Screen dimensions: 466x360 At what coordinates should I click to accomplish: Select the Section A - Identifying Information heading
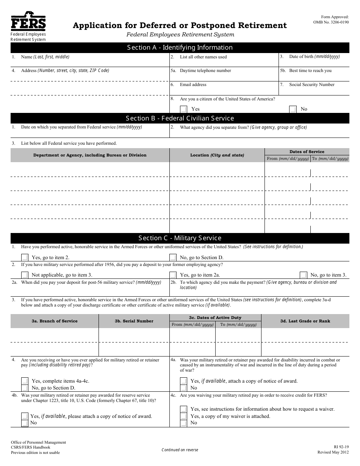pyautogui.click(x=180, y=47)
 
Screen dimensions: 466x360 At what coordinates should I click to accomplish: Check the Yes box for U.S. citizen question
pyautogui.click(x=183, y=109)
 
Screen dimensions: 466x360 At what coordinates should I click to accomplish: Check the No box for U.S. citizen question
pyautogui.click(x=293, y=109)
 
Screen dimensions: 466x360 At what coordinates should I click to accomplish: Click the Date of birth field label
pyautogui.click(x=314, y=56)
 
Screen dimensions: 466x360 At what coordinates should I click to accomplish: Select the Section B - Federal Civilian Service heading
pyautogui.click(x=180, y=118)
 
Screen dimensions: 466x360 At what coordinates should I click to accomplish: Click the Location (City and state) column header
pyautogui.click(x=217, y=155)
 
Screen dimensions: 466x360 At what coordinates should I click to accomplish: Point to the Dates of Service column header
pyautogui.click(x=307, y=152)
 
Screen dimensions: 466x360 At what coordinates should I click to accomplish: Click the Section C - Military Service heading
pyautogui.click(x=180, y=238)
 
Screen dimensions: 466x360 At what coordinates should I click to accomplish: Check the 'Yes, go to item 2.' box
pyautogui.click(x=25, y=258)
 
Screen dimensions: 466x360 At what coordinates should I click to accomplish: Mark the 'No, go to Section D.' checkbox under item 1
pyautogui.click(x=173, y=258)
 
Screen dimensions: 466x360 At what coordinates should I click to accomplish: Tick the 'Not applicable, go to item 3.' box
pyautogui.click(x=25, y=275)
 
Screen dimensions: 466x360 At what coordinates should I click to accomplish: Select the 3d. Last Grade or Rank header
pyautogui.click(x=305, y=321)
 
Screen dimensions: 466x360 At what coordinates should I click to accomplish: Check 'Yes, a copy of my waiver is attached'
pyautogui.click(x=183, y=416)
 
